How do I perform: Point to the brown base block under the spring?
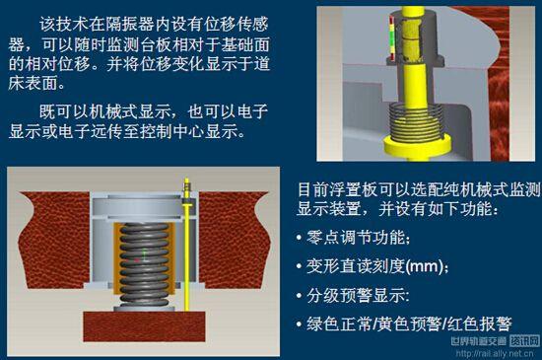point(146,324)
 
